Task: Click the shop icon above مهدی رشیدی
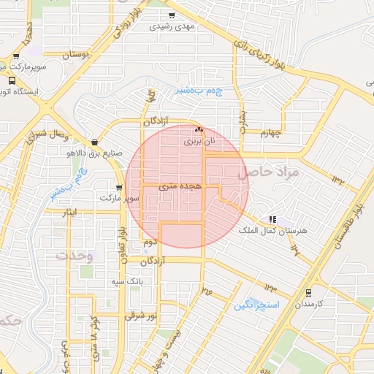click(x=171, y=15)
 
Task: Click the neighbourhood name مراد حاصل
click(x=269, y=172)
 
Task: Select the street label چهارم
click(x=271, y=133)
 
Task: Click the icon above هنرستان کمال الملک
click(x=272, y=218)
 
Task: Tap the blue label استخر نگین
click(x=253, y=305)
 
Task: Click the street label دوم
click(x=150, y=241)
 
